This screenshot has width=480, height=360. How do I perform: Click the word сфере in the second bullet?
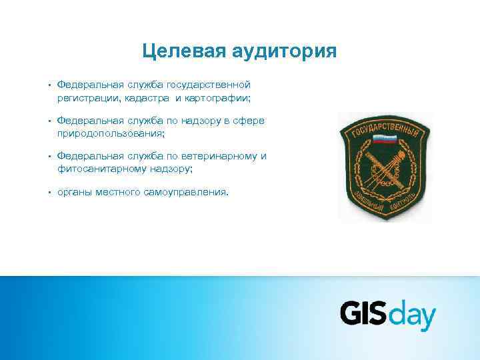pos(250,121)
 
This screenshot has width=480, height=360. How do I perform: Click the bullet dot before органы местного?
pos(50,193)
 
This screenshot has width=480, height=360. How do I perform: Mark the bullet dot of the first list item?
pos(50,85)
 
